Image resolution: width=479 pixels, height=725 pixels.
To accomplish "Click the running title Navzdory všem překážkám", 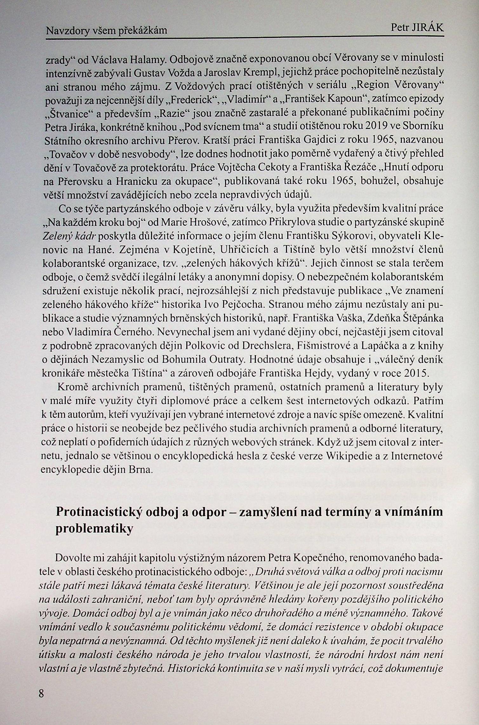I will [107, 31].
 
